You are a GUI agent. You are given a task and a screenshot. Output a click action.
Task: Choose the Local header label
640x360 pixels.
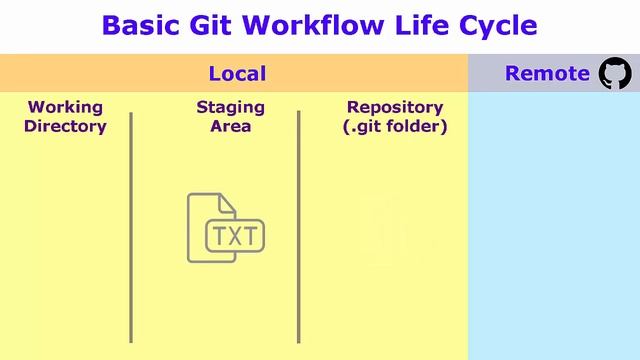tap(237, 73)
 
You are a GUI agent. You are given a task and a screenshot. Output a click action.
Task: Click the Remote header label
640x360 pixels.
tap(547, 73)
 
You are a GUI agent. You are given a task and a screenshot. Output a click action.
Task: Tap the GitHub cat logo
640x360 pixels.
tap(615, 73)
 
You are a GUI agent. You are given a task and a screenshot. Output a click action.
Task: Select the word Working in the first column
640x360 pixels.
tap(65, 107)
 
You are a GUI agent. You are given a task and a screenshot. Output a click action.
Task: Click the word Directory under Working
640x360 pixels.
tap(65, 126)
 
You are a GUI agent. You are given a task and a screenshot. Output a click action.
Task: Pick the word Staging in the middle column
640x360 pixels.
tap(230, 107)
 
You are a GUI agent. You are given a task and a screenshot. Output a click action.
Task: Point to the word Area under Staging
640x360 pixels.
tap(230, 126)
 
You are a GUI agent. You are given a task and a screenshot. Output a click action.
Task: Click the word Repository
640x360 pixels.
tap(394, 107)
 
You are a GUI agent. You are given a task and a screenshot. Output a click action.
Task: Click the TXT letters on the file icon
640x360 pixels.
tap(235, 237)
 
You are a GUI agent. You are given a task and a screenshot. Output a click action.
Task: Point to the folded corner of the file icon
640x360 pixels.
tap(227, 202)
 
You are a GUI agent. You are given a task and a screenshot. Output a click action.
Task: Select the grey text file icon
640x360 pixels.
tap(215, 228)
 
